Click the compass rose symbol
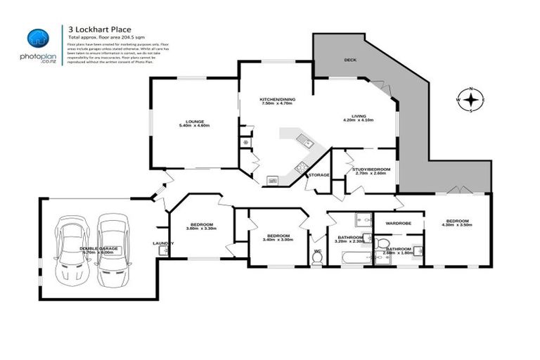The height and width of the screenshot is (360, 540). coord(472,100)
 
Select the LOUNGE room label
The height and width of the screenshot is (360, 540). coord(194,121)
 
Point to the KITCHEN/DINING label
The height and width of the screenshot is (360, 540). coord(278,99)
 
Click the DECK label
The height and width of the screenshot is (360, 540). coord(349,60)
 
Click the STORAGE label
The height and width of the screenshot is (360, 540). coord(319,174)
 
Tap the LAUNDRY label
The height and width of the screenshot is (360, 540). coord(163,243)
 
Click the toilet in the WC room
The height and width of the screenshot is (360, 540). coord(318,259)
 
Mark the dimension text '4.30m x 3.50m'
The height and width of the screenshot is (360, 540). coord(457,224)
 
